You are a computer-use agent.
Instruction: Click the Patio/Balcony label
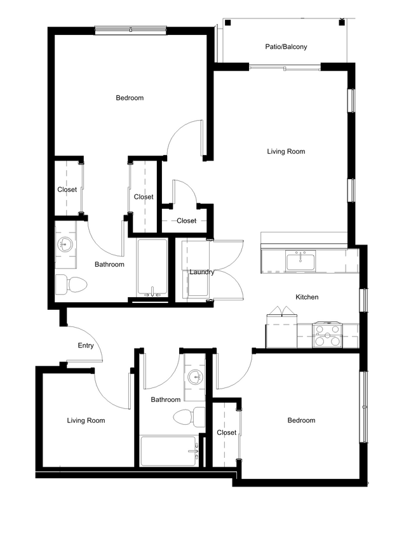(x=287, y=46)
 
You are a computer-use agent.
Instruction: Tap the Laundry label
(x=201, y=272)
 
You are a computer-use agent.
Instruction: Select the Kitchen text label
(x=307, y=297)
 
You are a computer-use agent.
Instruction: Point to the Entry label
(x=86, y=346)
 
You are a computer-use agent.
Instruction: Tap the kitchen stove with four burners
(x=327, y=335)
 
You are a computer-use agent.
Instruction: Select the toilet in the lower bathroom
(x=189, y=417)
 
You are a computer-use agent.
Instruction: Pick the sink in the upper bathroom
(x=65, y=243)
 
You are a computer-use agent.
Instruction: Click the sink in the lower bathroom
(x=195, y=379)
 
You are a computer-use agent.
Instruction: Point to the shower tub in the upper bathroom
(x=152, y=267)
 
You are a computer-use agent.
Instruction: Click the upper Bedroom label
(x=130, y=98)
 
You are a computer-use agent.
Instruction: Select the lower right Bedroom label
(x=301, y=420)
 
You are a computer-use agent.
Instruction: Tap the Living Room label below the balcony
(x=286, y=151)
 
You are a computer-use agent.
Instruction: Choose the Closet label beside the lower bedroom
(x=227, y=432)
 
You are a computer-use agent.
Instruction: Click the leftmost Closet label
(x=67, y=189)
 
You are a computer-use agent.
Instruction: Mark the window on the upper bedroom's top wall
(x=131, y=29)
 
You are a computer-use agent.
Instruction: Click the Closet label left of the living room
(x=186, y=221)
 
